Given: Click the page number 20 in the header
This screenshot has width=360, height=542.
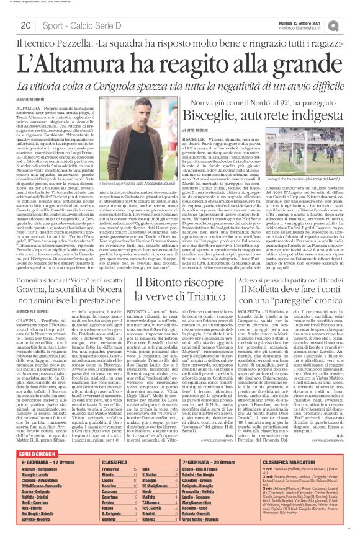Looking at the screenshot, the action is coord(25,25).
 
